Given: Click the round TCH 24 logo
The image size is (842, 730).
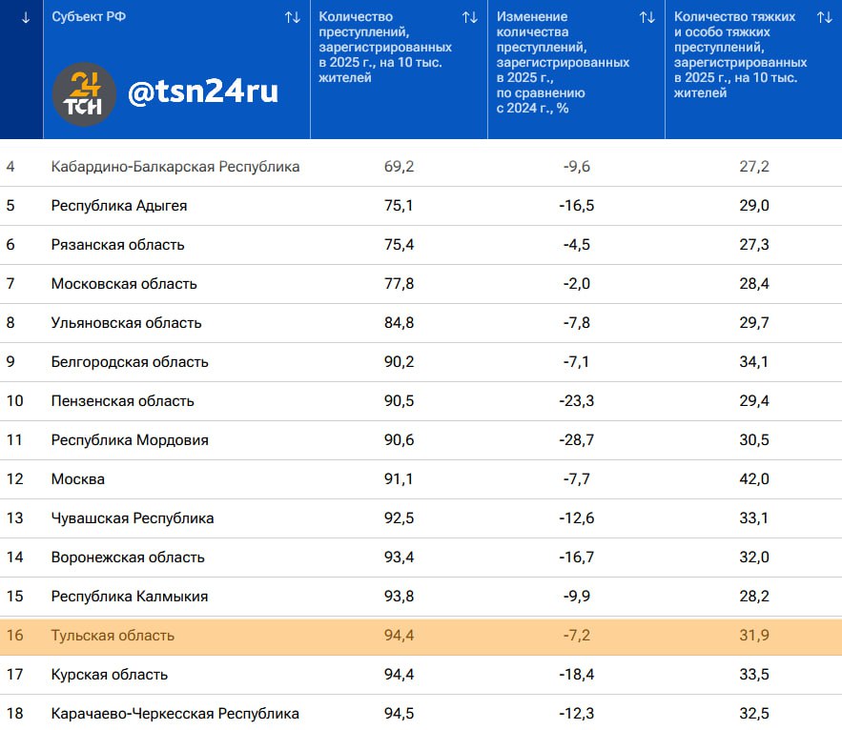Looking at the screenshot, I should pos(84,94).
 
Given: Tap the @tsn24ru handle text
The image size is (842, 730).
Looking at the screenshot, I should pos(203,91).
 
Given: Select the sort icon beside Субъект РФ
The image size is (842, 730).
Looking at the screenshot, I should pos(292,17).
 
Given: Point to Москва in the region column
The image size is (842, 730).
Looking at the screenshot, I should pos(78,479).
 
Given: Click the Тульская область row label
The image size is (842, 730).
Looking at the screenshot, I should pos(113,636).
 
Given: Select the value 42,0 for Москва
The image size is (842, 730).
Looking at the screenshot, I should pos(754,479).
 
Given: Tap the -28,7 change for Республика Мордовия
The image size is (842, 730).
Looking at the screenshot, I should pos(576,440).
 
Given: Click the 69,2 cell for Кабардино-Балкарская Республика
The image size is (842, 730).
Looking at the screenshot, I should pos(399,167).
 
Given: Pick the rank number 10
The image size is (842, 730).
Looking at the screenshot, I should pos(14,401).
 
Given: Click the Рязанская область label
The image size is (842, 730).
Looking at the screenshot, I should pos(118,245).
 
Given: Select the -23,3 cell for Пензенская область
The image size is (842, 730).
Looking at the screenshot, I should pos(576,401).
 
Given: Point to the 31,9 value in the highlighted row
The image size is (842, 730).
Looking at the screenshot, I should pos(754,636).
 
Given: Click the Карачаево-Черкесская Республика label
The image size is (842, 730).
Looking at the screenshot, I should pos(175,714).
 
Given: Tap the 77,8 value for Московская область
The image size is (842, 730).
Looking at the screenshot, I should pos(399,284).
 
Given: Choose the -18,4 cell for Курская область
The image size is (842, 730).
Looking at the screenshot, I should pos(576,675).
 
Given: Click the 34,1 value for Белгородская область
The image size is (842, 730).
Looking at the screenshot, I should pos(754,362).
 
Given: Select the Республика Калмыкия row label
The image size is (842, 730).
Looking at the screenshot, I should pos(130,597).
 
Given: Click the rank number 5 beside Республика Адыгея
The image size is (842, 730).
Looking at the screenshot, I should pos(10,206).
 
